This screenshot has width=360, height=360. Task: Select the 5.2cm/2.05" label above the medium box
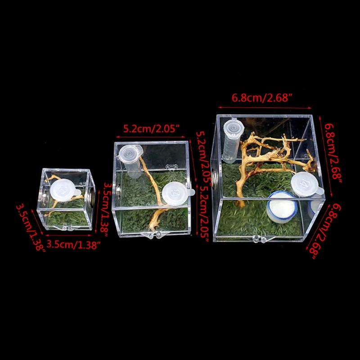click(x=151, y=129)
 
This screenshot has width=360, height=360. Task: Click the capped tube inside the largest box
click(x=232, y=140)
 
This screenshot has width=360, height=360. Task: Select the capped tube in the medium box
click(x=130, y=160)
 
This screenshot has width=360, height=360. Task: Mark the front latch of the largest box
click(x=260, y=239)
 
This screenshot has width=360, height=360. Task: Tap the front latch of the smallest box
click(x=67, y=228)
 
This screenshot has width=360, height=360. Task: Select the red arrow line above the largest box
click(x=265, y=108)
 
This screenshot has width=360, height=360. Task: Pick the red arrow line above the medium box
click(x=150, y=137)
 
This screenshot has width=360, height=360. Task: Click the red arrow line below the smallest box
click(x=68, y=235)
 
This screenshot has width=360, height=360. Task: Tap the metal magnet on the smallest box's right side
click(x=92, y=196)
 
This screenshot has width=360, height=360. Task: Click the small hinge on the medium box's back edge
click(x=171, y=166)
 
